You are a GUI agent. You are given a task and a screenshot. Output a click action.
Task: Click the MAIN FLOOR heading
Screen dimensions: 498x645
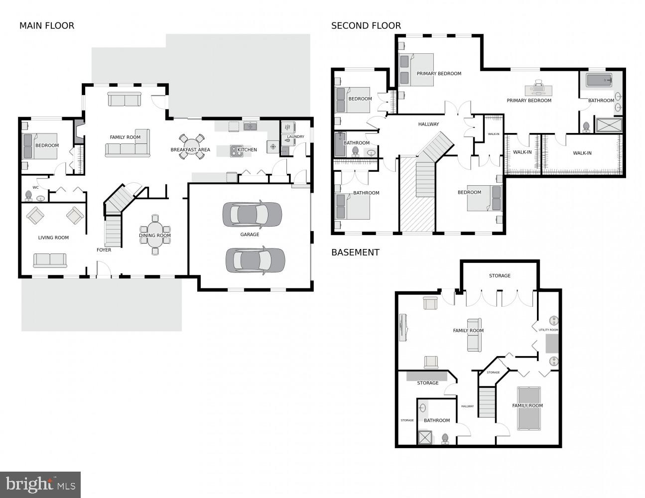coord(47,26)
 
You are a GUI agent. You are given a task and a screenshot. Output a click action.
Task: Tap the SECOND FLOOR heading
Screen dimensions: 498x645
coord(366,26)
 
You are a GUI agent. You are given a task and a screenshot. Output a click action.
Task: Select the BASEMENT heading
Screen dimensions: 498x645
coord(355,252)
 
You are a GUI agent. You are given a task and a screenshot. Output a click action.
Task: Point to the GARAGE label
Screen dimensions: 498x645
coord(250,235)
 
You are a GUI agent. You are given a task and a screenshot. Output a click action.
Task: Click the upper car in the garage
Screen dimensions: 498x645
coord(252,214)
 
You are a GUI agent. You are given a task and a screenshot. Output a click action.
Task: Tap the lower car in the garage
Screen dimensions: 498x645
coord(255,260)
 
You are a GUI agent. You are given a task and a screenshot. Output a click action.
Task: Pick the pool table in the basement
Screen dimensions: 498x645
coord(528,408)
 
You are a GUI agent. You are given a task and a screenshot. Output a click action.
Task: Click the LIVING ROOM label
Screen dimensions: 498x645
coord(53,238)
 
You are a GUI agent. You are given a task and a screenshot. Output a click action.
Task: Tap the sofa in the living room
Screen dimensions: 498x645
coord(50,260)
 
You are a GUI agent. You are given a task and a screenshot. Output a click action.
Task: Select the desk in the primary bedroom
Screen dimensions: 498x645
coord(538,90)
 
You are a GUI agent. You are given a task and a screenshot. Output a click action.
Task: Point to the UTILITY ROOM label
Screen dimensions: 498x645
coord(548,330)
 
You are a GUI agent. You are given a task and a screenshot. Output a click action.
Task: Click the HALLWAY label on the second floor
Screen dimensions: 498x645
coord(428,124)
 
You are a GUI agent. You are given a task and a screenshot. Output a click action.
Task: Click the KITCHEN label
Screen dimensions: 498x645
coord(247,150)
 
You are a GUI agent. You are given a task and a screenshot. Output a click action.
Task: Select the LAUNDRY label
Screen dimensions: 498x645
coord(295,137)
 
